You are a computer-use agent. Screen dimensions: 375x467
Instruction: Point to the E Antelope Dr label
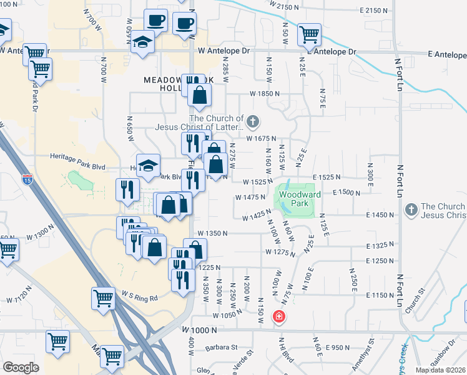332,51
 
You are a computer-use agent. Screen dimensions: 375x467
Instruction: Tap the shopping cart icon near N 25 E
309,35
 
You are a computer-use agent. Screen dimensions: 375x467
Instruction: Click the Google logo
21,367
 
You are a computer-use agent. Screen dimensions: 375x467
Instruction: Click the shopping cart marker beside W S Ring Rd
103,298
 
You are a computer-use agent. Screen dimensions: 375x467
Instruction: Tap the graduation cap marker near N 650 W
143,43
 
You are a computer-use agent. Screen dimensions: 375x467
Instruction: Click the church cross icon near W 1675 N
253,121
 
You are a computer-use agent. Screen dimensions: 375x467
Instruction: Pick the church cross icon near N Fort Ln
411,209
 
